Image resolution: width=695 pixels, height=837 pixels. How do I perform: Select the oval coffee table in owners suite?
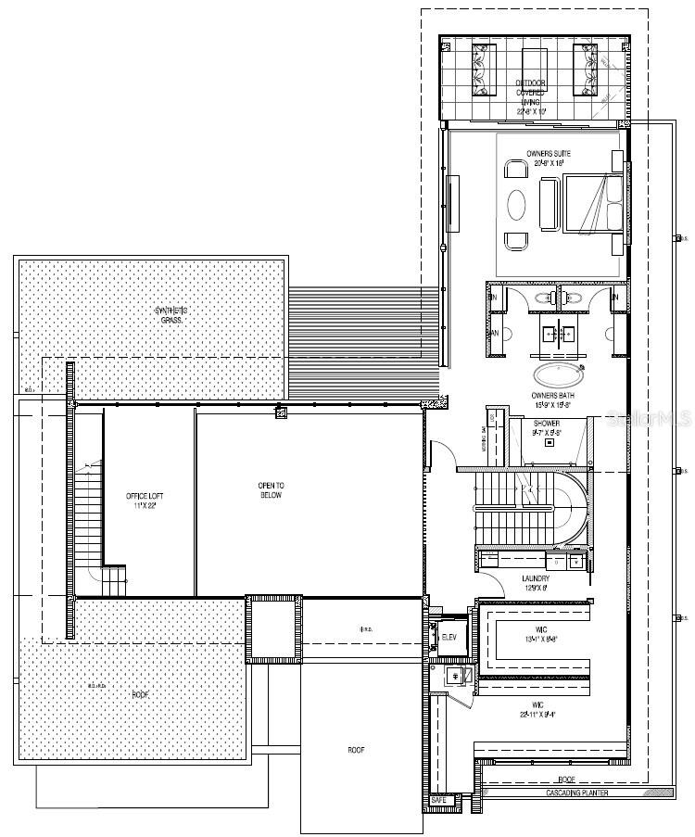pos(516,203)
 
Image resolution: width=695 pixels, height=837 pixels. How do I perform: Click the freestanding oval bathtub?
pos(558,374)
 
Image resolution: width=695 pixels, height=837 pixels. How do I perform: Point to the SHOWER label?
pos(544,423)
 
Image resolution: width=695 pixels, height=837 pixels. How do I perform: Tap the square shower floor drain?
pos(550,442)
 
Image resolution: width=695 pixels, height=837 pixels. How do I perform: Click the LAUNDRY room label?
pos(536,578)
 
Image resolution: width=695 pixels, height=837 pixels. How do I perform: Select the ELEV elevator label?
pos(449,638)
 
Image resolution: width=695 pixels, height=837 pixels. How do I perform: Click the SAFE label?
pos(439,799)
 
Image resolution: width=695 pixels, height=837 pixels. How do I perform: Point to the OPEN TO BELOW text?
pos(271,490)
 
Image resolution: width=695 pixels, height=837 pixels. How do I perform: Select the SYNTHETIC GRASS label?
pos(170,314)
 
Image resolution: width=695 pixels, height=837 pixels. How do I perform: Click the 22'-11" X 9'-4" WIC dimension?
pos(544,713)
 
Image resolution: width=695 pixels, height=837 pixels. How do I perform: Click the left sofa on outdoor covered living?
pos(482,70)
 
